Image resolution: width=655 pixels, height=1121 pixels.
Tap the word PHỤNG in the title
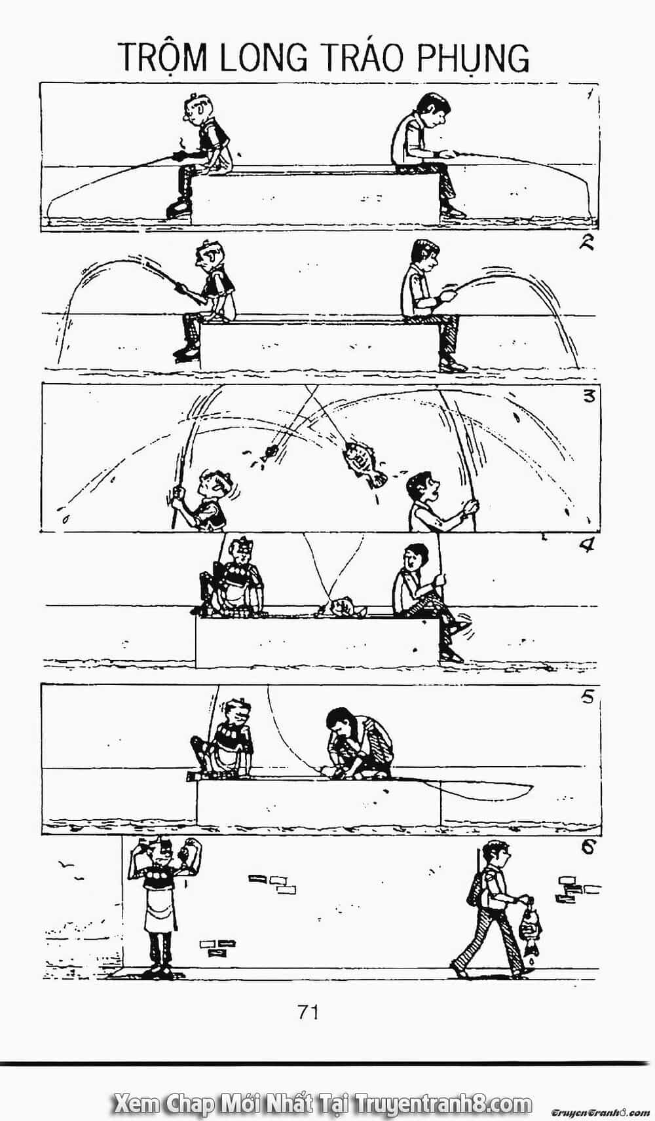(x=473, y=59)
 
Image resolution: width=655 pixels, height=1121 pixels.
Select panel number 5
(x=588, y=696)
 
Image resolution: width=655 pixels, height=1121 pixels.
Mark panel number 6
(x=587, y=847)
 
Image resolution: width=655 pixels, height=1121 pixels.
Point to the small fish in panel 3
(x=269, y=452)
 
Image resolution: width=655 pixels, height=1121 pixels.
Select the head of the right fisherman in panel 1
(x=432, y=109)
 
